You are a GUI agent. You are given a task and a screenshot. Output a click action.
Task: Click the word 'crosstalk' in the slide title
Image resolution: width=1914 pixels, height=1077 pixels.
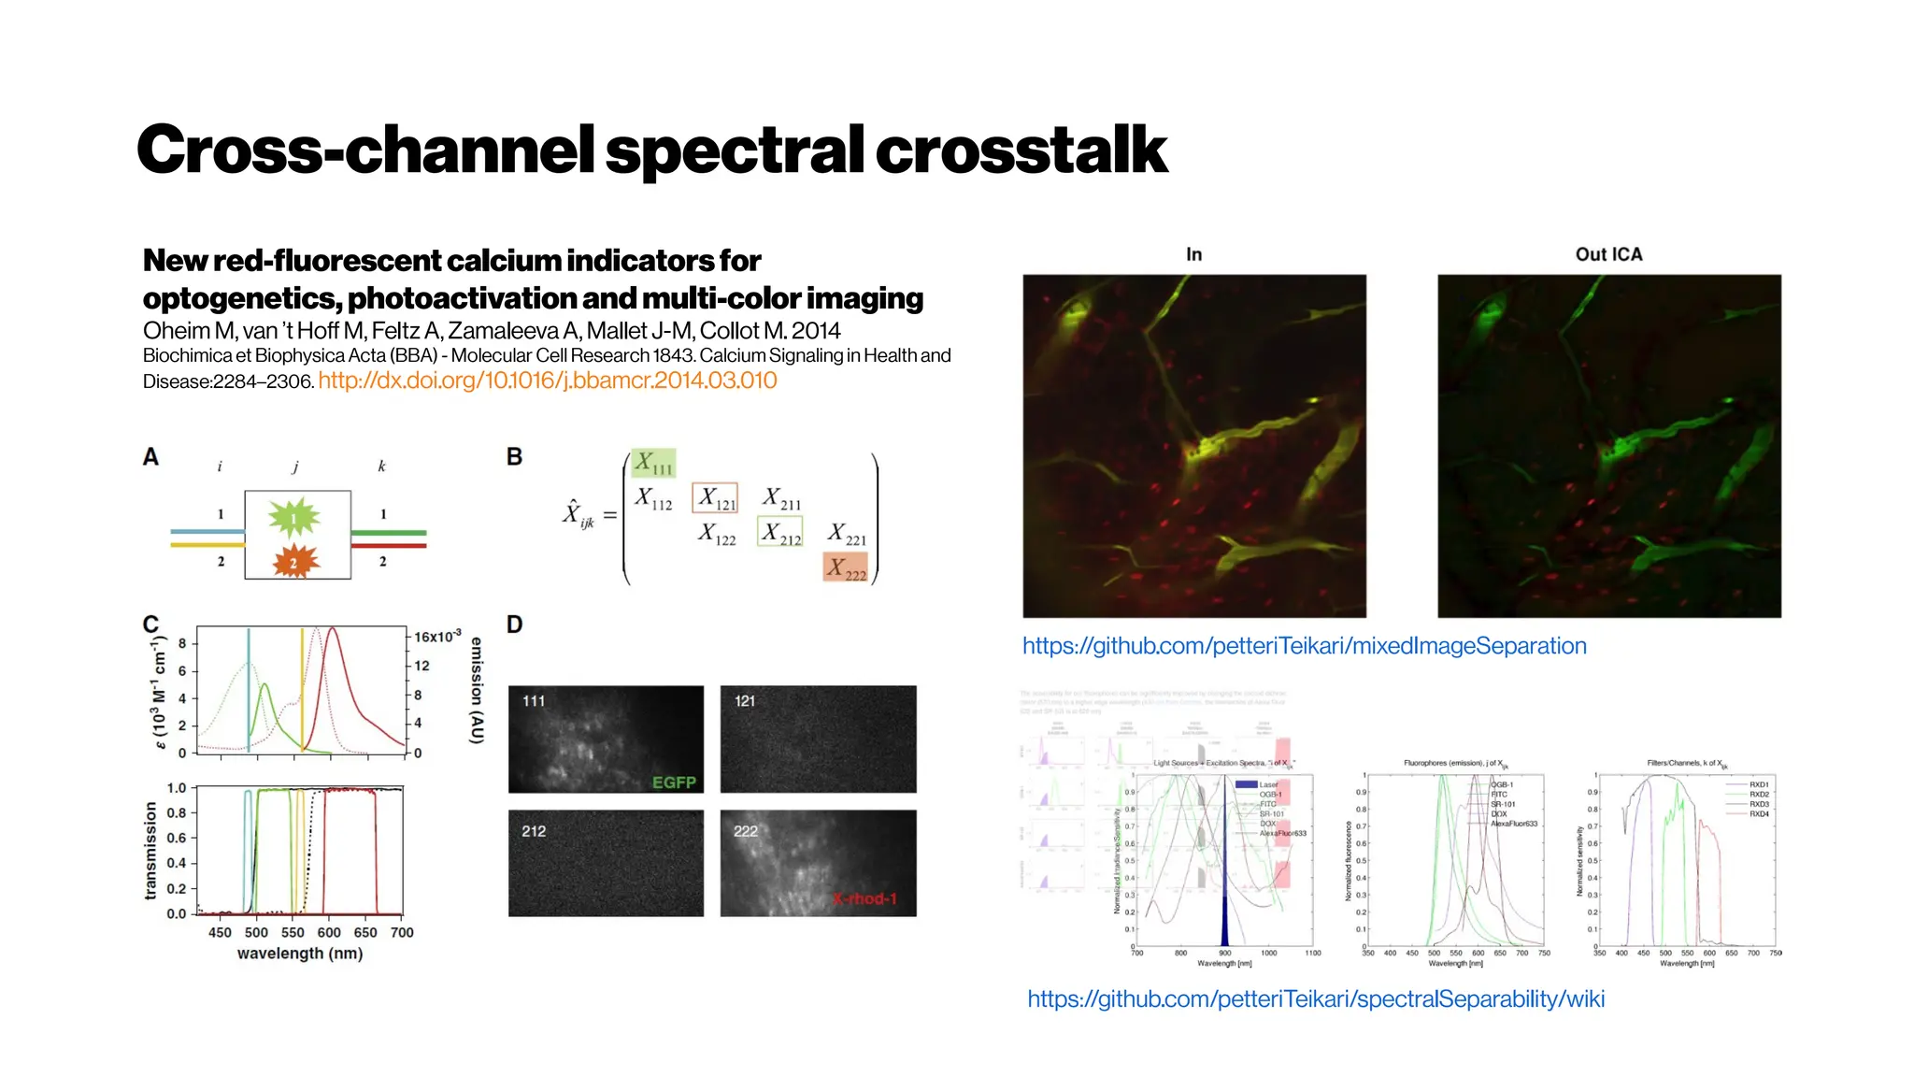pyautogui.click(x=1021, y=150)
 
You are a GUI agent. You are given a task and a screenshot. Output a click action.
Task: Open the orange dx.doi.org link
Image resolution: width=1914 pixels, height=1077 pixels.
pyautogui.click(x=548, y=381)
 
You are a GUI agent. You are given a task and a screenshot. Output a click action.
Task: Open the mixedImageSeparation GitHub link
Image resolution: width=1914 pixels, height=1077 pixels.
pyautogui.click(x=1304, y=646)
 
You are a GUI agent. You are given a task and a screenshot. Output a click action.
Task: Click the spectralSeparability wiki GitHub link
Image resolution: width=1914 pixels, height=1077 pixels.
pyautogui.click(x=1316, y=998)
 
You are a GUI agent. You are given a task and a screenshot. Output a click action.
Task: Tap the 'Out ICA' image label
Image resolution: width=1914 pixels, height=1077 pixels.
pyautogui.click(x=1608, y=254)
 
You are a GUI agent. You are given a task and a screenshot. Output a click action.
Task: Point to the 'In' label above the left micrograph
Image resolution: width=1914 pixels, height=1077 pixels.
pyautogui.click(x=1193, y=254)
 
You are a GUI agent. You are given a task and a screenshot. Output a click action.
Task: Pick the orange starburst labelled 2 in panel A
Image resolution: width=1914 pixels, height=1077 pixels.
pyautogui.click(x=294, y=562)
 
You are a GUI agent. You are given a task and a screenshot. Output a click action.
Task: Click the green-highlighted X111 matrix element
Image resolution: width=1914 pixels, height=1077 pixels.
pyautogui.click(x=652, y=463)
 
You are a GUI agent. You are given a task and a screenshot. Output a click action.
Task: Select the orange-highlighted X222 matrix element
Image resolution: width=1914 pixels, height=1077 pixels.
pyautogui.click(x=846, y=567)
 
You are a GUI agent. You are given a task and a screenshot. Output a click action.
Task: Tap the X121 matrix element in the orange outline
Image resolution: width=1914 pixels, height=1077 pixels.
pyautogui.click(x=715, y=498)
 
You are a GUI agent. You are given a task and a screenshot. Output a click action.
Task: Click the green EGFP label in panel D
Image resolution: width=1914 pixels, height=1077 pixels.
pyautogui.click(x=674, y=783)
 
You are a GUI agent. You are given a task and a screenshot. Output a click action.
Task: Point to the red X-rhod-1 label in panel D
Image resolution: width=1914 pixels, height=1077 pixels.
pyautogui.click(x=864, y=898)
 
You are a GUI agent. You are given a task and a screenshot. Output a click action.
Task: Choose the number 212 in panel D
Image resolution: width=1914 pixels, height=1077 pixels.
pyautogui.click(x=534, y=831)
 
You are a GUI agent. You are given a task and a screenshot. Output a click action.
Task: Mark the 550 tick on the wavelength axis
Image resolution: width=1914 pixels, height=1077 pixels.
pyautogui.click(x=293, y=932)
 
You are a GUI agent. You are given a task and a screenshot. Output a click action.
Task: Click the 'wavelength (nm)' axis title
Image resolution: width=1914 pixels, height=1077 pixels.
pyautogui.click(x=299, y=954)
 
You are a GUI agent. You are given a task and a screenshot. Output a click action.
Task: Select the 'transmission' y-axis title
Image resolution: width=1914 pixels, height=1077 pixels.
pyautogui.click(x=150, y=850)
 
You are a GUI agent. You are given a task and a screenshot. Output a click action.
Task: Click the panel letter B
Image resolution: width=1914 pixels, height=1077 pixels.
pyautogui.click(x=514, y=457)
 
